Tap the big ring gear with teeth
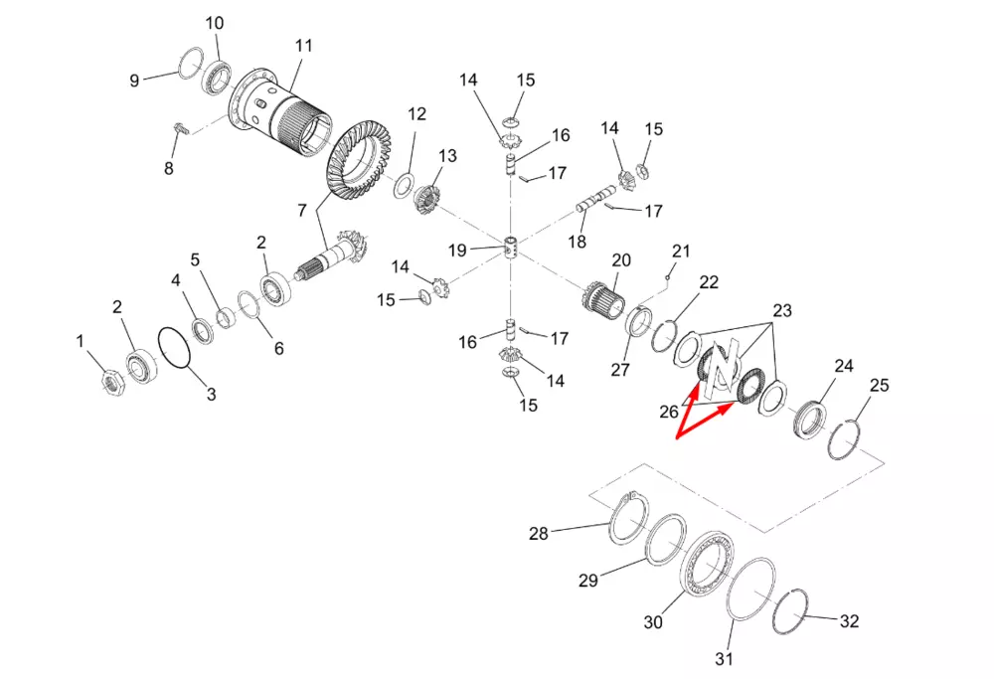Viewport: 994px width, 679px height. [358, 163]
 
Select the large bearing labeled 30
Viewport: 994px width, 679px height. [708, 564]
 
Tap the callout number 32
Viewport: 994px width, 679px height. [849, 620]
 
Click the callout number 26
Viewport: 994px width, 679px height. [669, 413]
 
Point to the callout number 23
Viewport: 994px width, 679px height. [782, 310]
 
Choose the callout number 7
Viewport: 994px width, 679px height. [302, 210]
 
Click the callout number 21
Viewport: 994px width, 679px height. [680, 252]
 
